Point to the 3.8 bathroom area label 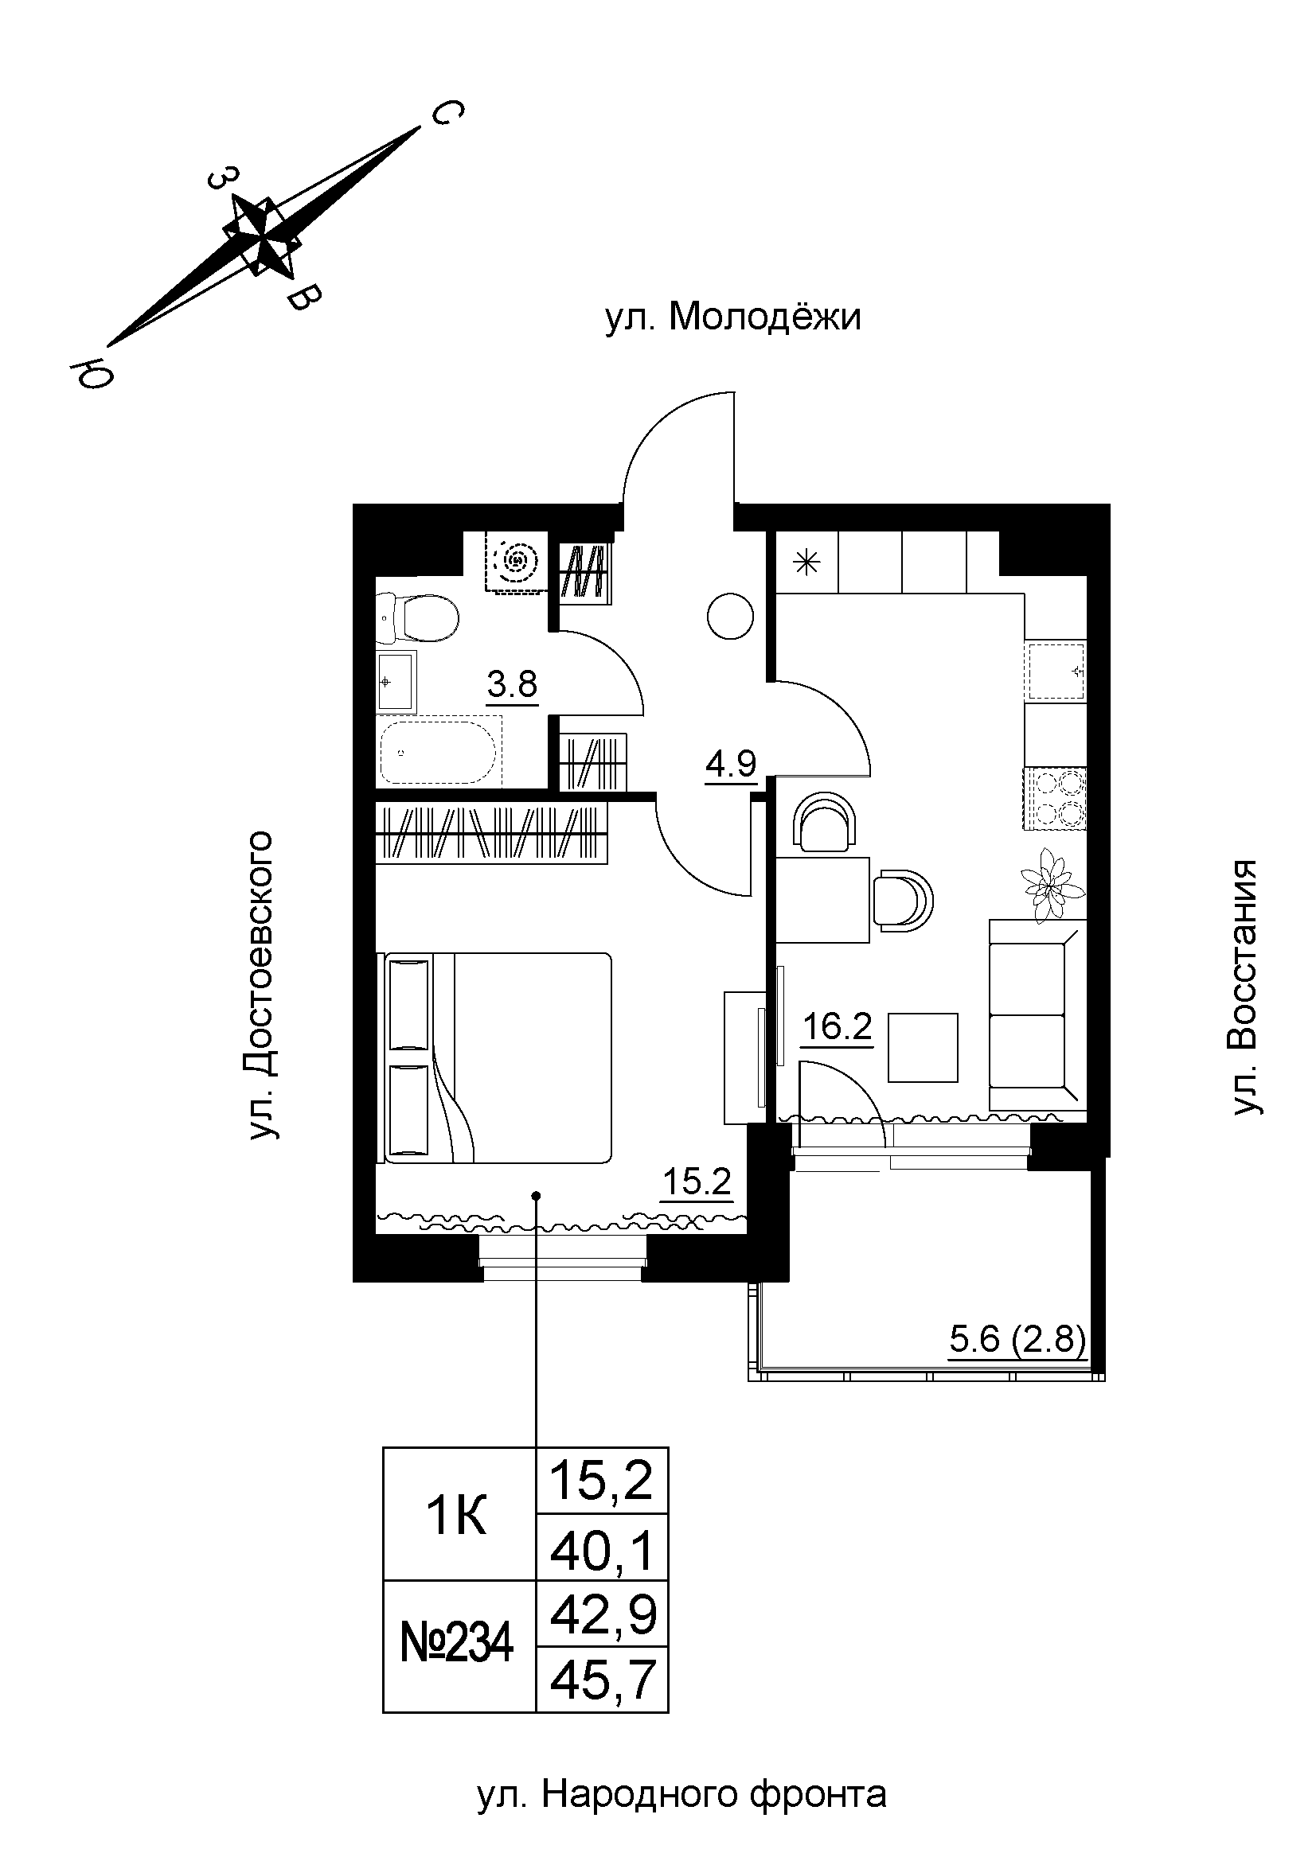(x=512, y=686)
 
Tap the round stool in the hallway (x=731, y=617)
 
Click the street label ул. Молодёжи (x=733, y=317)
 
